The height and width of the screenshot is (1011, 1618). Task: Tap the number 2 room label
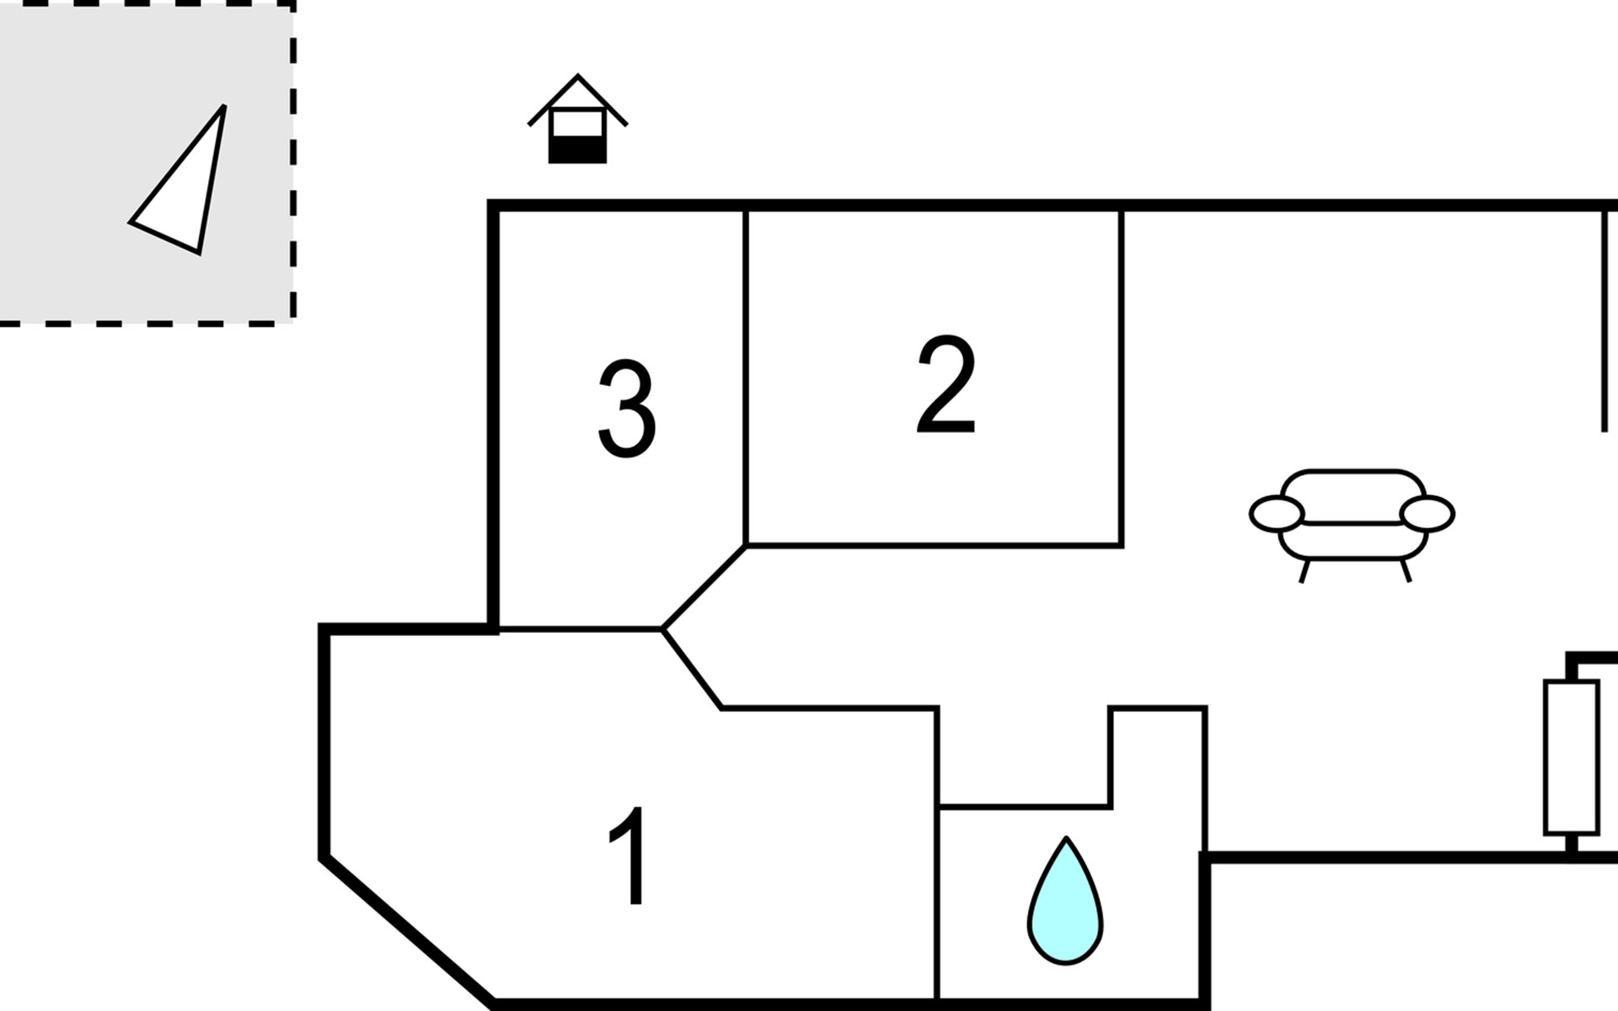(x=946, y=385)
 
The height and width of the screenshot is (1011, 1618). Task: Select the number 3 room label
(x=626, y=409)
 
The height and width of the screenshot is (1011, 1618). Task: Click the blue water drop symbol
(x=1065, y=906)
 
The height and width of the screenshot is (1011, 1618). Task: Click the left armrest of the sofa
(x=1277, y=514)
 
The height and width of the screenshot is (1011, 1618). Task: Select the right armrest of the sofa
(x=1427, y=514)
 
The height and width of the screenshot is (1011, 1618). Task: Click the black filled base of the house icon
(x=577, y=151)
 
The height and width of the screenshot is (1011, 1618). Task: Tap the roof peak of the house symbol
(x=577, y=78)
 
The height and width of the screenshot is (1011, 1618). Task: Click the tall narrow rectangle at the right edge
(x=1571, y=757)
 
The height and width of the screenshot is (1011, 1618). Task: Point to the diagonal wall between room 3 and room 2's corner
(x=705, y=587)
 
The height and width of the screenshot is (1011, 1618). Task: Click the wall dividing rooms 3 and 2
(x=746, y=379)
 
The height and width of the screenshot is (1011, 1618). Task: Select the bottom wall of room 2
(x=934, y=546)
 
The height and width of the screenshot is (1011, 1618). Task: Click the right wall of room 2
(x=1121, y=379)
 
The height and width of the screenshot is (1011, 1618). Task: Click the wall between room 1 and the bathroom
(x=938, y=901)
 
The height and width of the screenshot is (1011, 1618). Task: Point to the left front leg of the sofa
(x=1305, y=571)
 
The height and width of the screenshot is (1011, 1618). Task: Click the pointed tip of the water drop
(x=1066, y=840)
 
